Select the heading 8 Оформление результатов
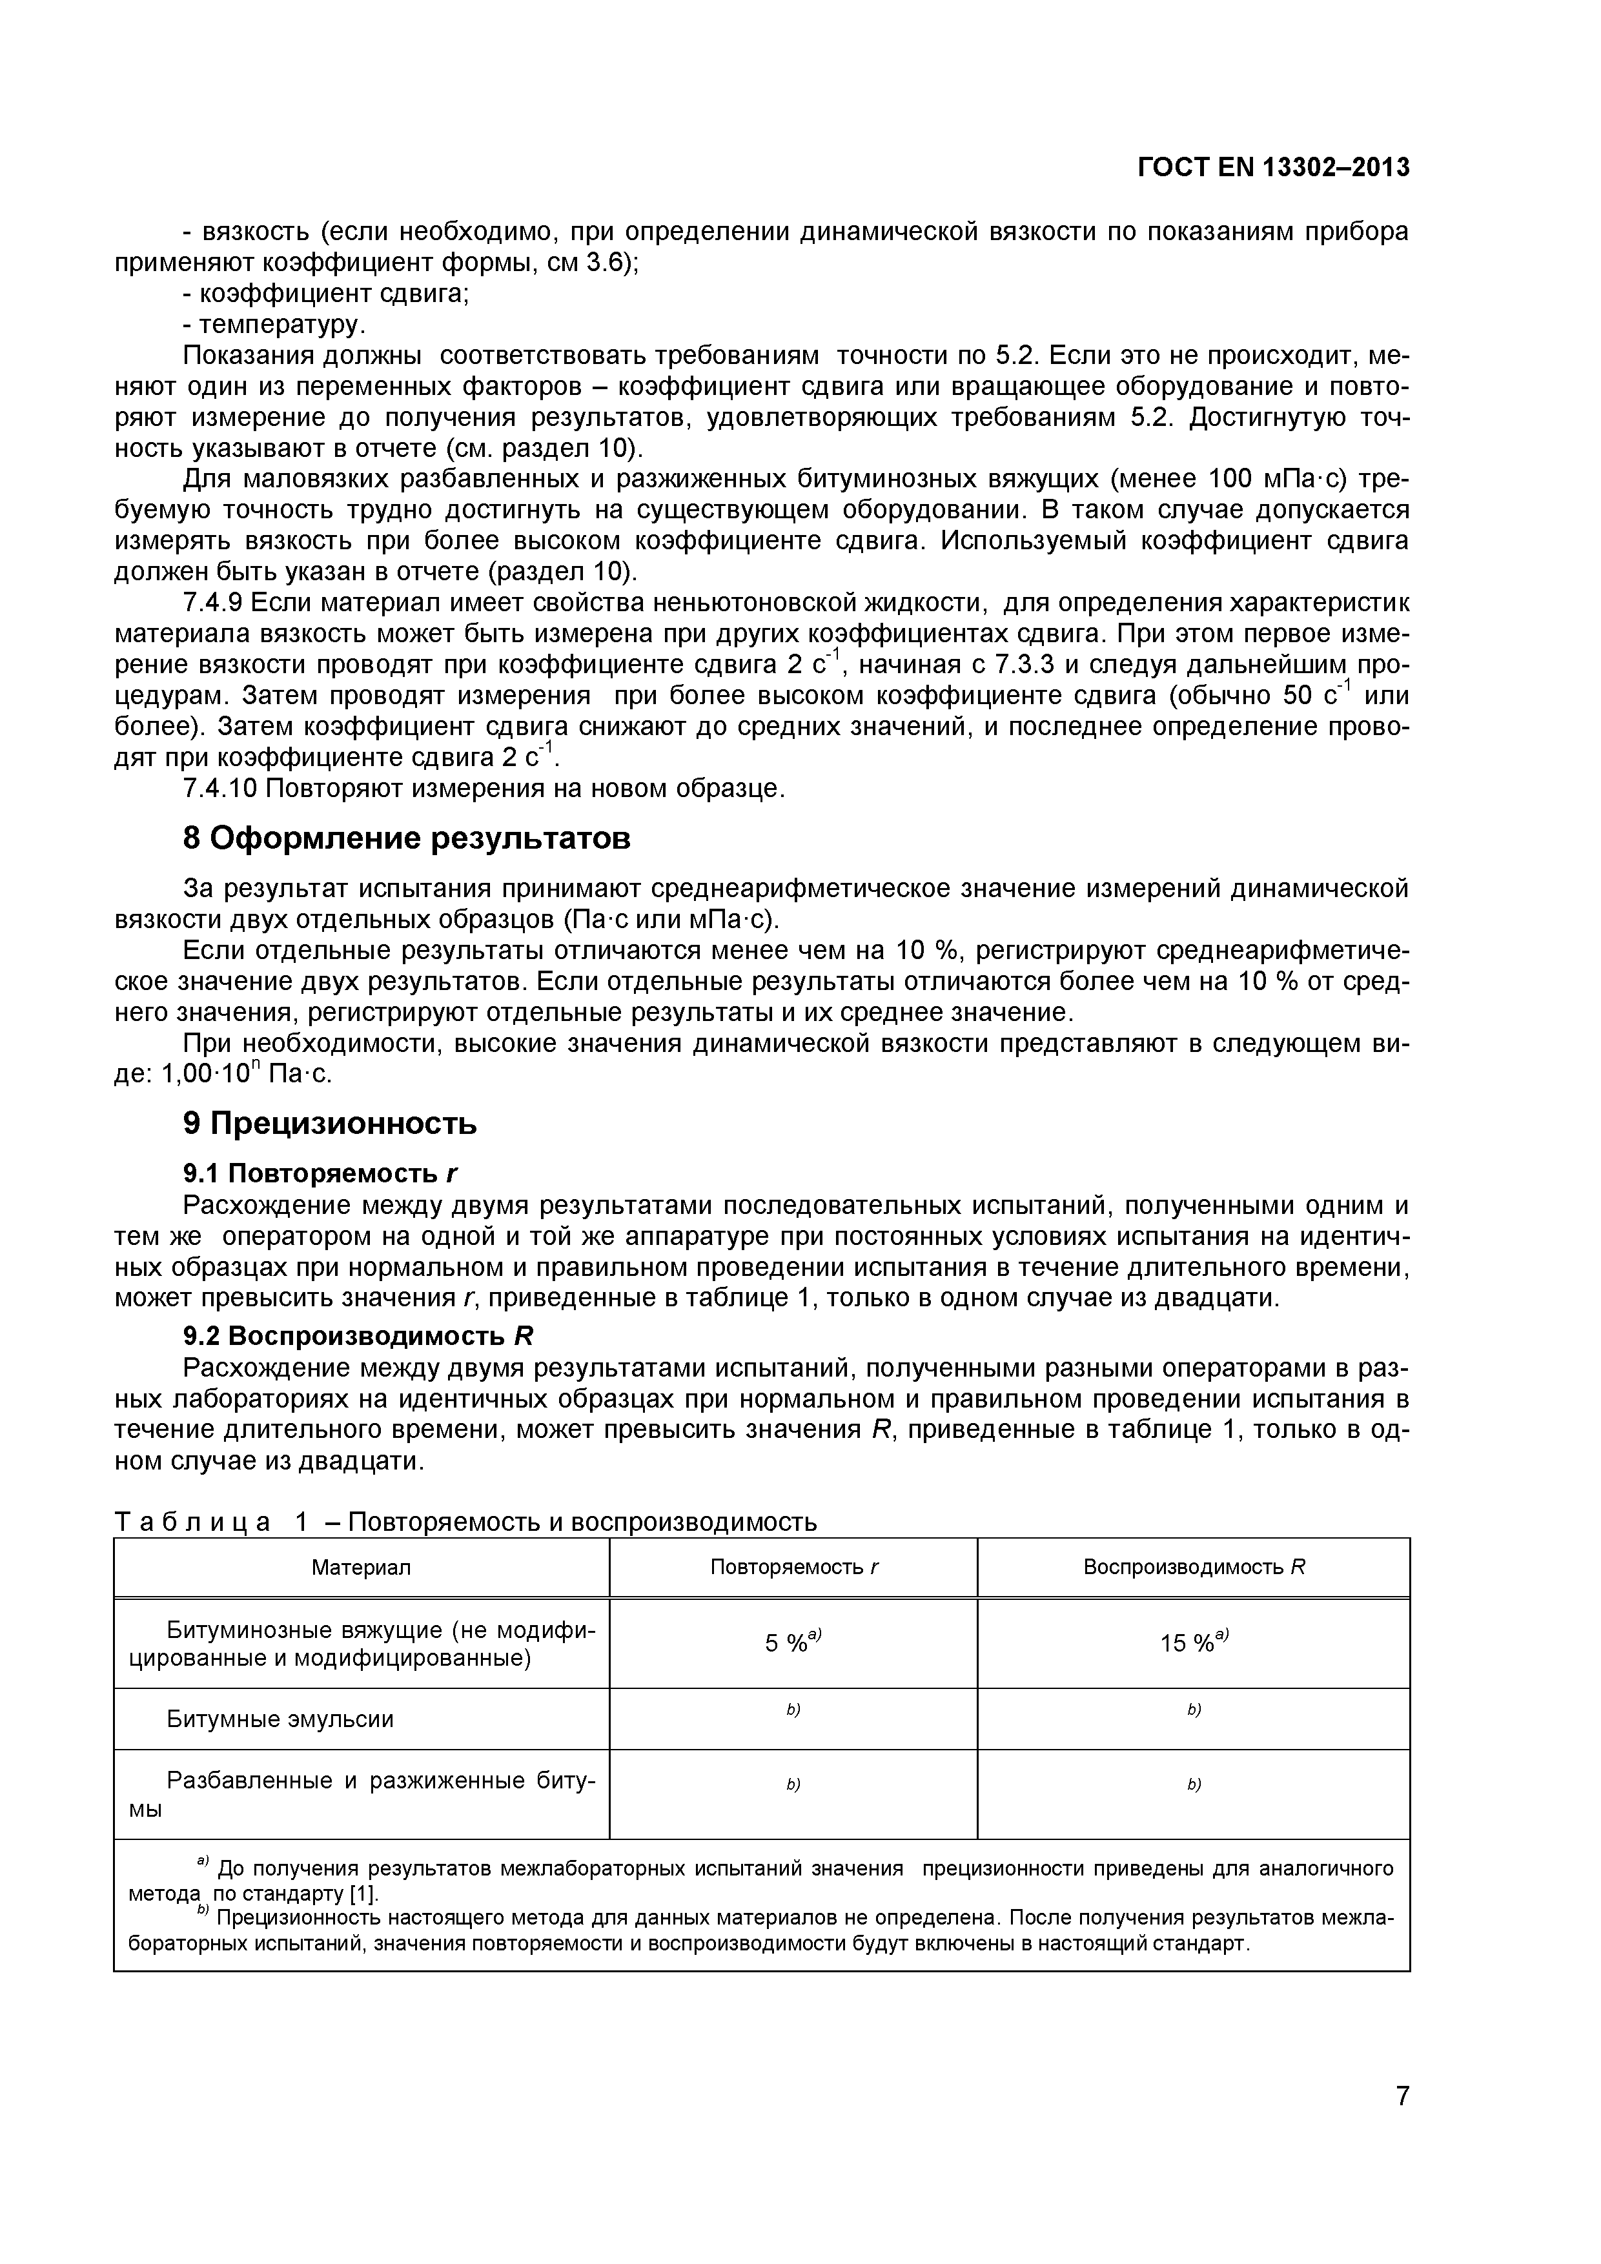point(407,838)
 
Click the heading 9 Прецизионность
point(329,1122)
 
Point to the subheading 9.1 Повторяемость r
point(321,1173)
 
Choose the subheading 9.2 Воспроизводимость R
point(357,1335)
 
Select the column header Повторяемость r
point(793,1567)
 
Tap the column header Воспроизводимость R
point(1194,1567)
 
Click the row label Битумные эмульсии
point(279,1719)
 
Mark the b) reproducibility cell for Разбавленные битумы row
point(1194,1784)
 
